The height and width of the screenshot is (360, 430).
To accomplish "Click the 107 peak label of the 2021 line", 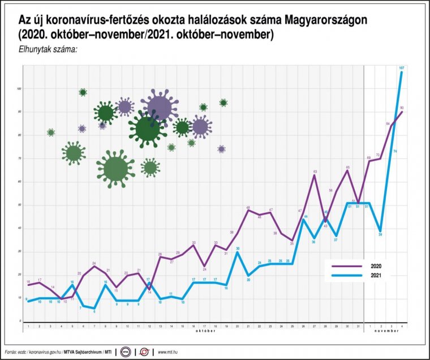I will click(402, 68).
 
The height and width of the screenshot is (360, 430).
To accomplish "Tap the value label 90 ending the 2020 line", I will click(402, 108).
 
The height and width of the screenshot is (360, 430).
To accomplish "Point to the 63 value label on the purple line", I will click(315, 170).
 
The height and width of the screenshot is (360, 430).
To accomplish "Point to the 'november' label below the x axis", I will click(384, 332).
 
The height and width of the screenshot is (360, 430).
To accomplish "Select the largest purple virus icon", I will click(159, 106).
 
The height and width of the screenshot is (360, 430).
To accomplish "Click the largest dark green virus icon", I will click(147, 128).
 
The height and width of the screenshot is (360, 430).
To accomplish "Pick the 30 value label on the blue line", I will click(238, 248).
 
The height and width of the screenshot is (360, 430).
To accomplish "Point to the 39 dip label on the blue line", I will click(380, 234).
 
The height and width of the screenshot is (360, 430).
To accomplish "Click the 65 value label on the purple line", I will click(347, 167).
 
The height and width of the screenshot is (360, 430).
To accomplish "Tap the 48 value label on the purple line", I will click(248, 208).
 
